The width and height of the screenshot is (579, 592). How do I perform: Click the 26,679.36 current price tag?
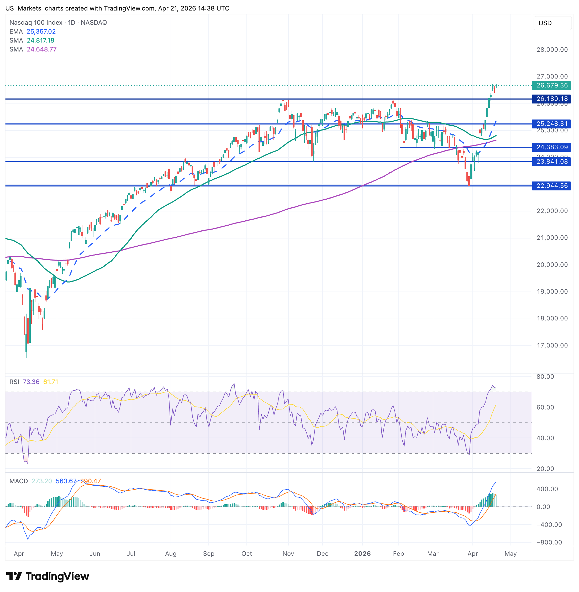[x=551, y=86]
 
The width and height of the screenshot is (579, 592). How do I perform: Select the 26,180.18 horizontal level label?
[x=551, y=99]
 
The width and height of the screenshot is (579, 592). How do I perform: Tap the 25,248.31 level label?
[x=551, y=124]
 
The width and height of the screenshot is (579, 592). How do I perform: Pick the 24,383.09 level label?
[x=551, y=147]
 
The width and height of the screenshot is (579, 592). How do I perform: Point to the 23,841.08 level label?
[x=551, y=162]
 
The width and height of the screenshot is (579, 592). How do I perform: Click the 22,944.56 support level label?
[x=551, y=186]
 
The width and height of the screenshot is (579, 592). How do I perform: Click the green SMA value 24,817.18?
[x=40, y=40]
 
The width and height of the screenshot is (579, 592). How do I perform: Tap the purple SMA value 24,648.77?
[x=42, y=49]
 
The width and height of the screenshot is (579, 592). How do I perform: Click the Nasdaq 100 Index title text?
[x=36, y=23]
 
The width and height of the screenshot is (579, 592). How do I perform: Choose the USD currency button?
[x=545, y=23]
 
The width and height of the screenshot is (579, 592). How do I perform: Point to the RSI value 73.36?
[x=31, y=382]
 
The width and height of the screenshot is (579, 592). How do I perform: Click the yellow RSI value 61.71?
[x=50, y=382]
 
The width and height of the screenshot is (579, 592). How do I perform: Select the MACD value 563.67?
[x=66, y=481]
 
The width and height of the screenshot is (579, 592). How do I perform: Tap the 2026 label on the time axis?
[x=362, y=553]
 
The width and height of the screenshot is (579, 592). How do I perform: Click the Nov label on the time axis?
[x=288, y=553]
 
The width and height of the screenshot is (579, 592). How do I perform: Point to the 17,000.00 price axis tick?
[x=552, y=345]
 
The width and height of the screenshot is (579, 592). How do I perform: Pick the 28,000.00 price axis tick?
[x=552, y=50]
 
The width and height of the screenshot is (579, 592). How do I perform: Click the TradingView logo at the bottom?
[x=48, y=576]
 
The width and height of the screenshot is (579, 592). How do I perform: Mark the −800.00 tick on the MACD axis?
[x=549, y=542]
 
